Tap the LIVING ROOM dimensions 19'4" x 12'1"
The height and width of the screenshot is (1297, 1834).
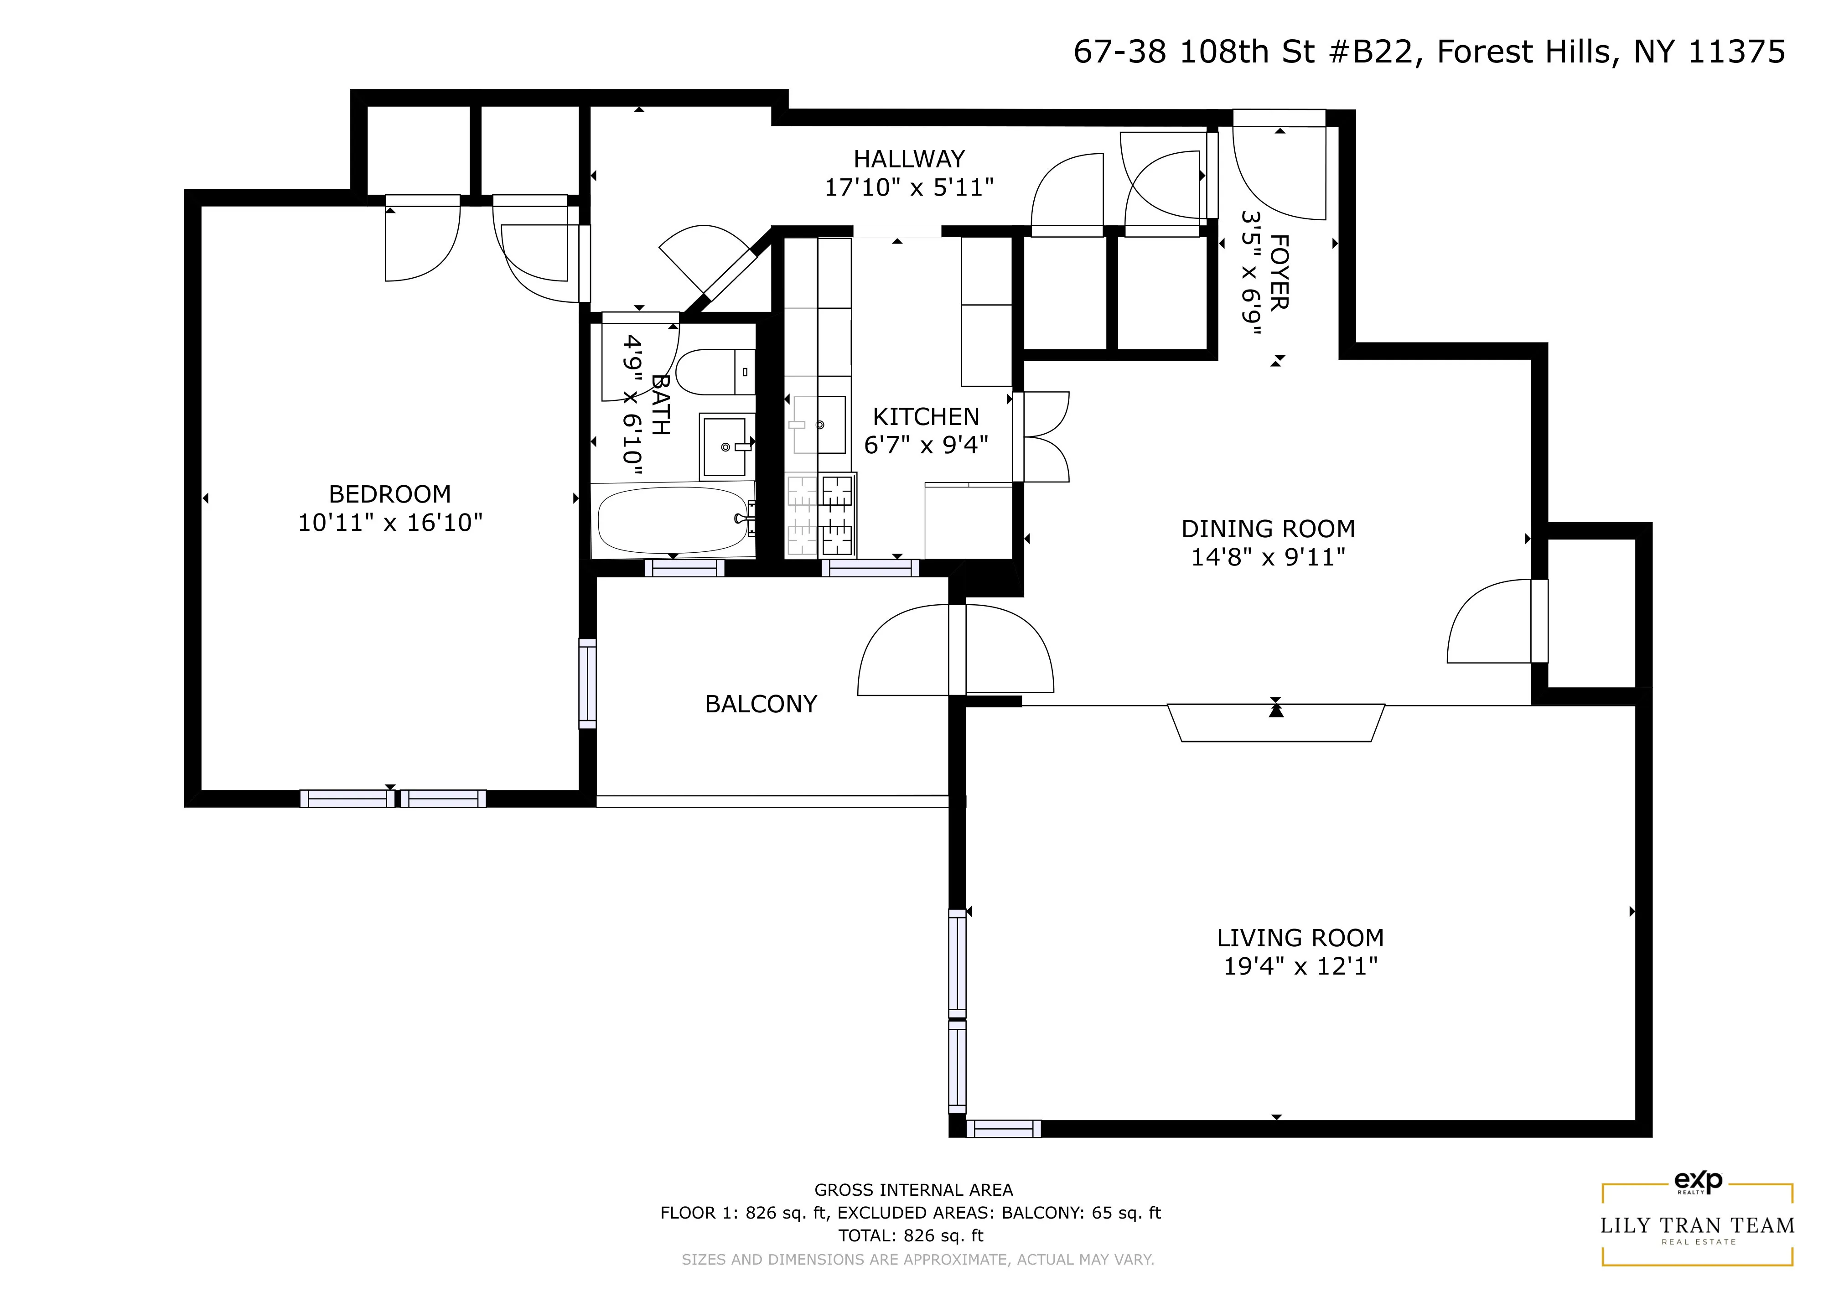(x=1300, y=966)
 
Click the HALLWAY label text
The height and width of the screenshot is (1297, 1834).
(x=909, y=159)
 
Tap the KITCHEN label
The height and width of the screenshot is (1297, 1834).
(x=926, y=417)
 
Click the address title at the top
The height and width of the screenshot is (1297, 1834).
(x=1428, y=52)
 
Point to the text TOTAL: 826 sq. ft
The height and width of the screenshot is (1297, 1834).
(x=911, y=1235)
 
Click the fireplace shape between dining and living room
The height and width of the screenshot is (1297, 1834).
(x=1276, y=723)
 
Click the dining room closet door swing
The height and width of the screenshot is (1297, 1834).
(x=1490, y=623)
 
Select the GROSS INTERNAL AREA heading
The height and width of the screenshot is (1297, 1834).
(x=913, y=1190)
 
